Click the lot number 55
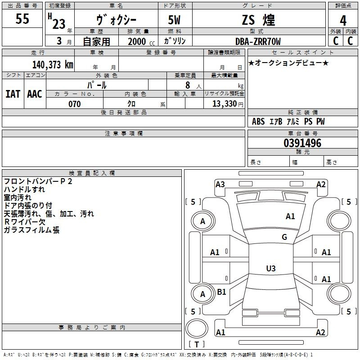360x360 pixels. [22, 18]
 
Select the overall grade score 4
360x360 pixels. [343, 21]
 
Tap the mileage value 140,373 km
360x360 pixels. [53, 65]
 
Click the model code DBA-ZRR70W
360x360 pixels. [258, 41]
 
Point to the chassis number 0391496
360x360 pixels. [302, 143]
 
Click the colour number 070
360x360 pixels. [75, 104]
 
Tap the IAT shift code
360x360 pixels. [13, 94]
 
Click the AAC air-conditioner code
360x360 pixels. [35, 94]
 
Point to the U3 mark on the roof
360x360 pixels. [271, 268]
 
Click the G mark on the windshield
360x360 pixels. [284, 237]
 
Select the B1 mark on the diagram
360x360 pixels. [221, 292]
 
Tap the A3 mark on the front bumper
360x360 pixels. [220, 184]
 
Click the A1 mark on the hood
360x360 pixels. [290, 216]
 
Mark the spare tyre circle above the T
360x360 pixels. [197, 328]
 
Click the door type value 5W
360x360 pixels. [174, 20]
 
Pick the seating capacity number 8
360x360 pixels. [188, 85]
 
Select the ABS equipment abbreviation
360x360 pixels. [258, 121]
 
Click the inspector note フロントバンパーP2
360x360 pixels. [38, 181]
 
